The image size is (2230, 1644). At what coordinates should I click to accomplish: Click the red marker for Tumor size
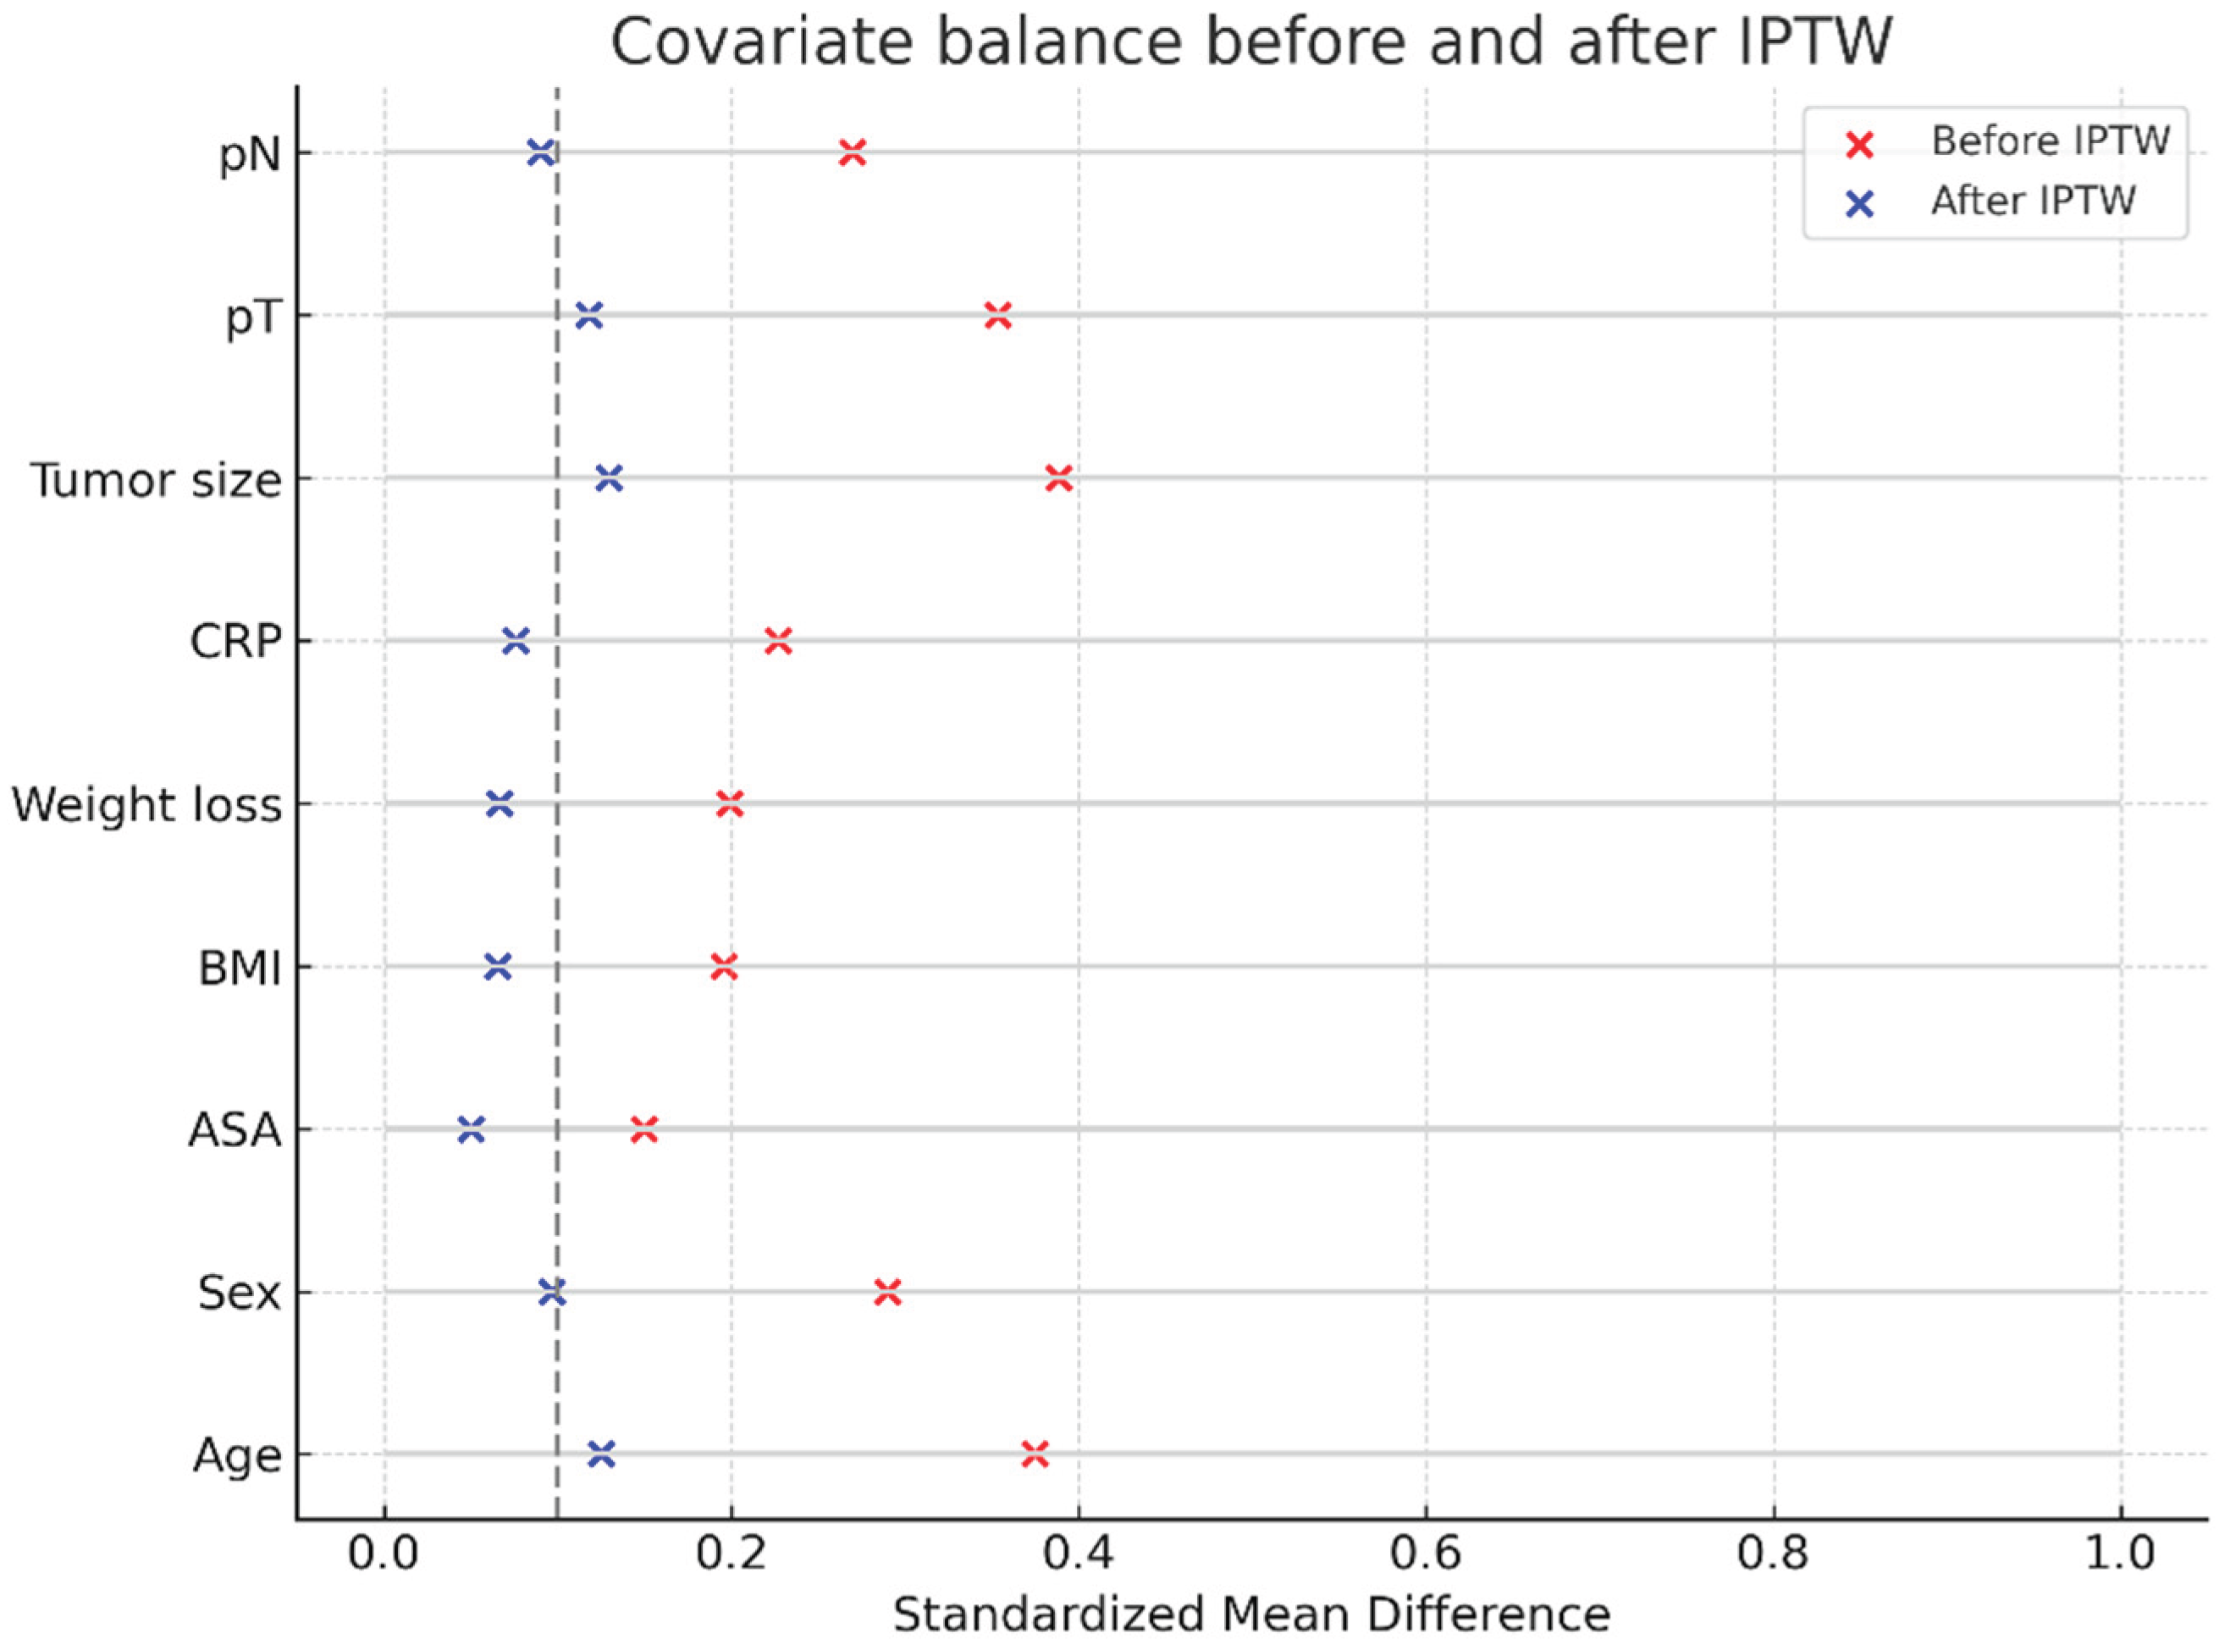coord(1059,478)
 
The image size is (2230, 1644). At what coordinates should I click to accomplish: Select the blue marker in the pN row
coord(540,153)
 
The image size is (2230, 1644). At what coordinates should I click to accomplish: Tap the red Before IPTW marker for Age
coord(1035,1455)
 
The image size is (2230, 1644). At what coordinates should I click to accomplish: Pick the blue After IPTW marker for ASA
coord(471,1129)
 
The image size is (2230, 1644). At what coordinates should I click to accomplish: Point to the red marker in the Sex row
coord(887,1293)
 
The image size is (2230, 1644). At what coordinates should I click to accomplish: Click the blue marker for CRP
coord(516,642)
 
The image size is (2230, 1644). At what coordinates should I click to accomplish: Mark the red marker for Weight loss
coord(730,804)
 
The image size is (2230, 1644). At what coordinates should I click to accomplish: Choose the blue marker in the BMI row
coord(498,966)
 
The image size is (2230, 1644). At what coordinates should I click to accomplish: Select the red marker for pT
coord(998,317)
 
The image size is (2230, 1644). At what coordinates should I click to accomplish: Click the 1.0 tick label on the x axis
coord(2121,1554)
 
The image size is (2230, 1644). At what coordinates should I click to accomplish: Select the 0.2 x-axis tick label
coord(731,1554)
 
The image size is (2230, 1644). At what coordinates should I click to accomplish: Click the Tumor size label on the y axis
coord(157,481)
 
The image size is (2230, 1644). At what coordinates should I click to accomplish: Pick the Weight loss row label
coord(147,805)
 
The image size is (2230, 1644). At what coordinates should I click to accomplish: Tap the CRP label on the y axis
coord(236,643)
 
